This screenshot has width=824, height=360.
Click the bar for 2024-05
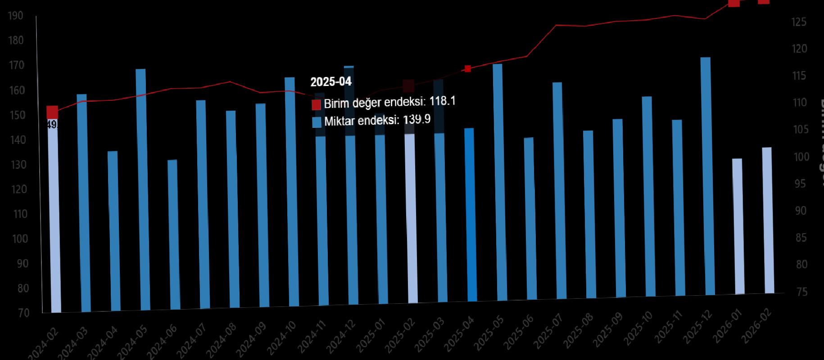click(141, 189)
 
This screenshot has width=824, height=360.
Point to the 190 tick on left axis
click(16, 16)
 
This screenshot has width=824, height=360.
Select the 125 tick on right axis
click(799, 22)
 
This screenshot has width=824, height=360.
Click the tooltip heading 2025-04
click(331, 82)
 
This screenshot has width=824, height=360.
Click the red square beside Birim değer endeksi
click(316, 105)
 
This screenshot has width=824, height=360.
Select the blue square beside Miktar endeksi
click(317, 122)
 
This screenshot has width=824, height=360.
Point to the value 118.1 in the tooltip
click(442, 101)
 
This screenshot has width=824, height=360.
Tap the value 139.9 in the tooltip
click(417, 119)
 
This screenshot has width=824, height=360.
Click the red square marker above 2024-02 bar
click(52, 112)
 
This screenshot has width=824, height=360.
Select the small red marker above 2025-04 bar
click(468, 69)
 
